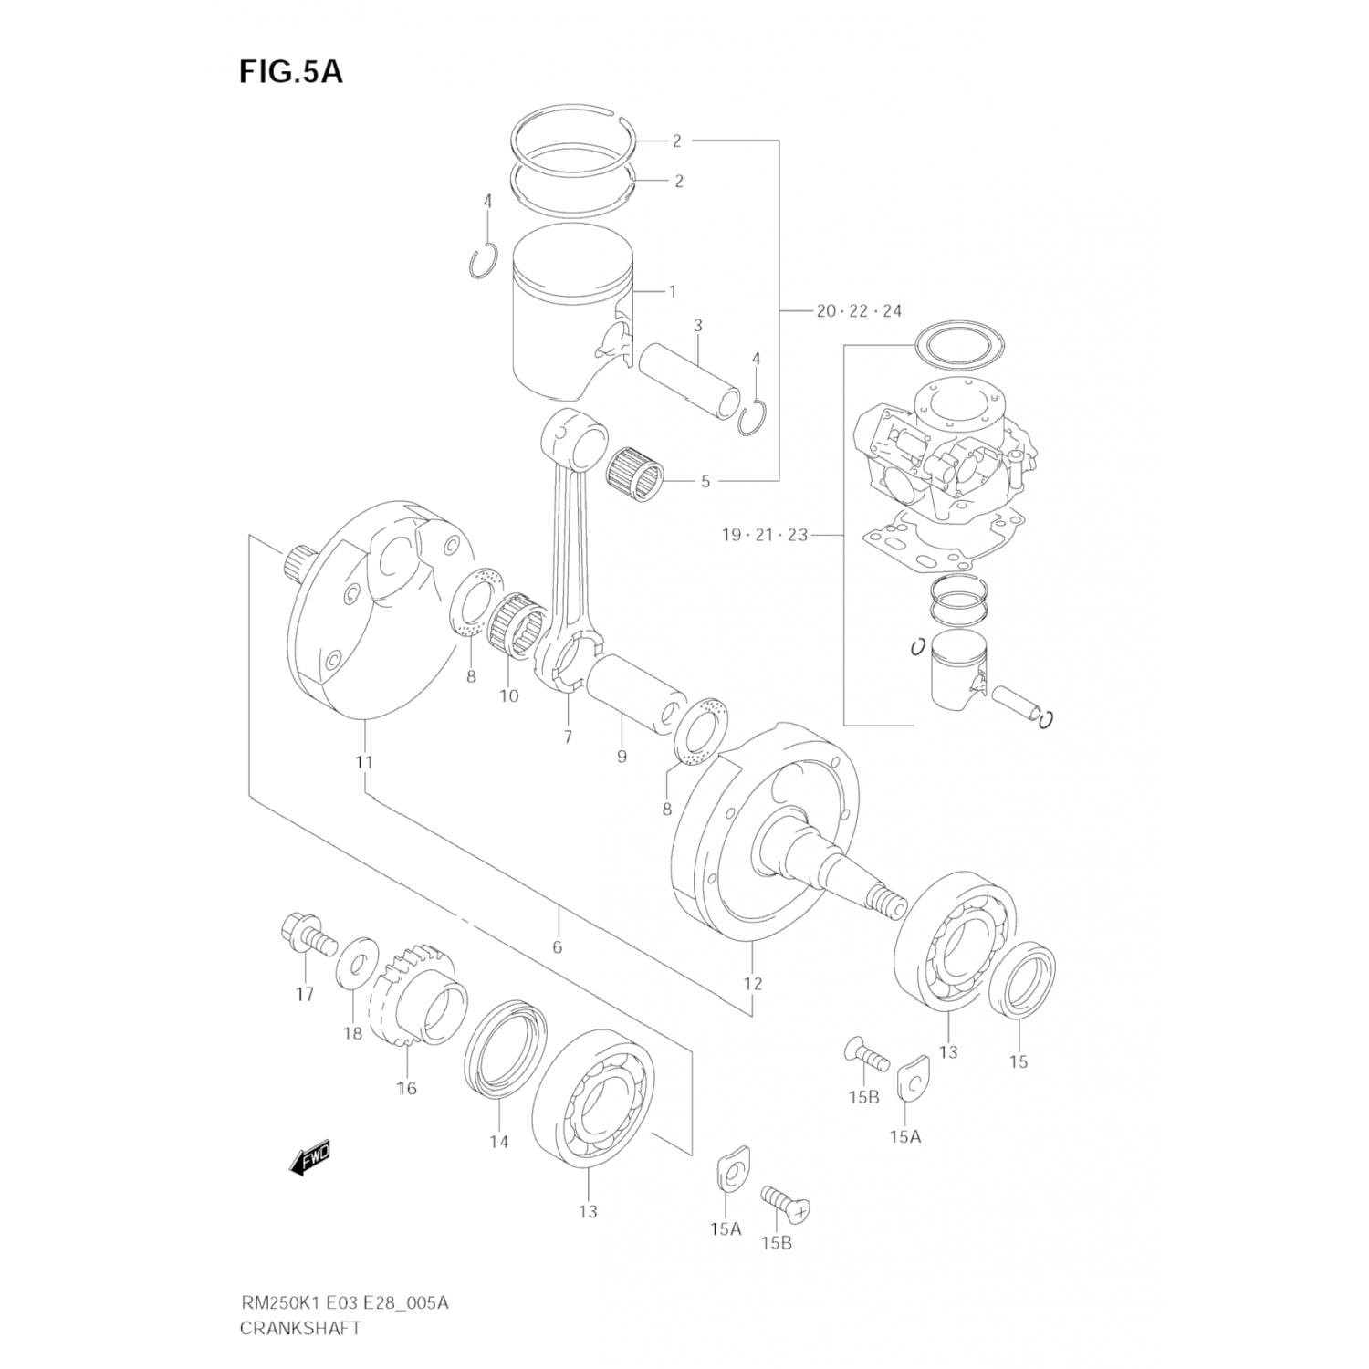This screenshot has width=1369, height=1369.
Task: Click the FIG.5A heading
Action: [x=290, y=71]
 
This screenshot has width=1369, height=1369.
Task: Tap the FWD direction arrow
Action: [x=309, y=1158]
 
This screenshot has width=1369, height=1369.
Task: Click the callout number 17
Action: [x=305, y=994]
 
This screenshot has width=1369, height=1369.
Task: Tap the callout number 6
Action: [x=557, y=946]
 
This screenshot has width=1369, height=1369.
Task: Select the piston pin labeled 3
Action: [x=684, y=380]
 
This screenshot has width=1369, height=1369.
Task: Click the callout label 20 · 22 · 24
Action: [x=858, y=311]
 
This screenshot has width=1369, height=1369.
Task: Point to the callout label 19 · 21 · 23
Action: [x=764, y=535]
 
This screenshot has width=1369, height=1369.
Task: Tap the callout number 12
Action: [x=752, y=984]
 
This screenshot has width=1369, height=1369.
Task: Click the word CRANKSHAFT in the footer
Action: [x=300, y=1328]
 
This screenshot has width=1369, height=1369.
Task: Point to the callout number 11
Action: [x=364, y=762]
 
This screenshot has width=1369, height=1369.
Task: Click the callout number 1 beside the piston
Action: [x=673, y=292]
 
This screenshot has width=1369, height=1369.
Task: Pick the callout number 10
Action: [x=508, y=696]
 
